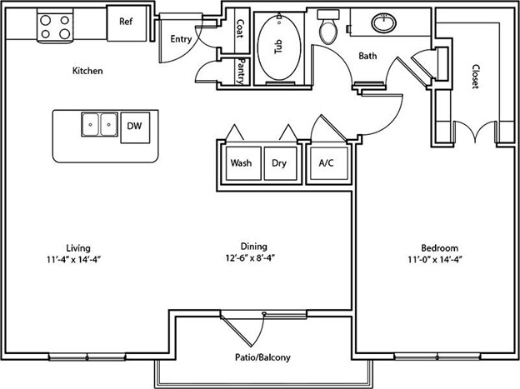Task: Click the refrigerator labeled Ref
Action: (127, 23)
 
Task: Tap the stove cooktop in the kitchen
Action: (55, 27)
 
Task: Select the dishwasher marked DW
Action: (135, 127)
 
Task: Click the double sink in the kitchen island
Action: (99, 124)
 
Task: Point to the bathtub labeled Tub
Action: (279, 47)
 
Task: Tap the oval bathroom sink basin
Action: (384, 23)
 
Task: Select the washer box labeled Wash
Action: (243, 163)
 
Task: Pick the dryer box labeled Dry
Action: (280, 163)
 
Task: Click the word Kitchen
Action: (87, 71)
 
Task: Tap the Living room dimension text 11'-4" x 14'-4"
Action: (73, 259)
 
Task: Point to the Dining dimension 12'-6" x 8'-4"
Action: (250, 257)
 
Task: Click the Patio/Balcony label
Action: (262, 357)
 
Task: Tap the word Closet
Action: (476, 77)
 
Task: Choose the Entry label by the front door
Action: (181, 39)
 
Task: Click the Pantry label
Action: (242, 72)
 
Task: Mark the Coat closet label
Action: (240, 28)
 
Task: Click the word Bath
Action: (367, 56)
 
